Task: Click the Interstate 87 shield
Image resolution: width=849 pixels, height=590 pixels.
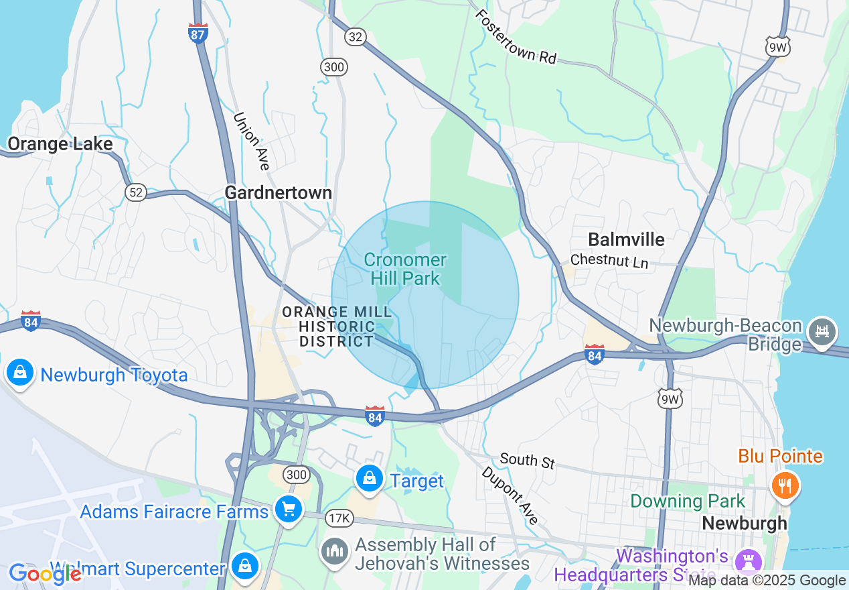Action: coord(198,34)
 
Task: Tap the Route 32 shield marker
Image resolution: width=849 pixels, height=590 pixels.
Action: coord(356,37)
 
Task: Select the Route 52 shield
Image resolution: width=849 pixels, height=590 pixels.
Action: coord(135,192)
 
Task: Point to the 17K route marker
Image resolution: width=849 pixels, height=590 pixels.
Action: coord(339,518)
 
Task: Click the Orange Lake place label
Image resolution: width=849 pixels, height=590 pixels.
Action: coord(60,144)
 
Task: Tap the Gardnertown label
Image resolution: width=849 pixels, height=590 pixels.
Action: coord(278,193)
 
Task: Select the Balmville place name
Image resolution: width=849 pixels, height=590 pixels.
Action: coord(626,239)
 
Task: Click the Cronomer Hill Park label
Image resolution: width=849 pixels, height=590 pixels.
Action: coord(406,269)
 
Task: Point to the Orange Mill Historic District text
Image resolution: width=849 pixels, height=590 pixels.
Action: coord(328,327)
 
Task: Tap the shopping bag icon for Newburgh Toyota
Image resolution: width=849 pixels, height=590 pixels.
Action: coord(20,373)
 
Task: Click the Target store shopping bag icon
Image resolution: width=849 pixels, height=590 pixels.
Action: coord(369,479)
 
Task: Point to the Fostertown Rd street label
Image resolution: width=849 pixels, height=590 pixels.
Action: coord(516,37)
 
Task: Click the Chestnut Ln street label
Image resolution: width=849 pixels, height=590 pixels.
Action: coord(609,261)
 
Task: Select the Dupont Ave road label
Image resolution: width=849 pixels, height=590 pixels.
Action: coord(510,495)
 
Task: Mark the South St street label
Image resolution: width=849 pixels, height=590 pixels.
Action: coord(528,461)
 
